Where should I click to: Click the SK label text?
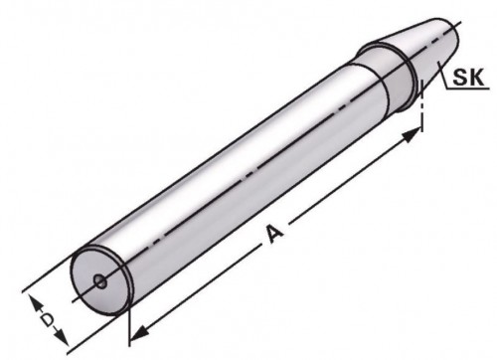(x=468, y=77)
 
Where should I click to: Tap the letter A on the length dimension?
(x=274, y=234)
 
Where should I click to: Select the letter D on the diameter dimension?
(x=48, y=320)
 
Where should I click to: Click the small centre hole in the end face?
(x=100, y=281)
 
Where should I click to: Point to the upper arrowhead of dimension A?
(x=412, y=135)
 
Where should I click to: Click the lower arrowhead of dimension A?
(x=138, y=333)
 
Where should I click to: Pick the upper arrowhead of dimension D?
(x=36, y=303)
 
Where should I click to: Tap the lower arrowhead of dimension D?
(x=62, y=337)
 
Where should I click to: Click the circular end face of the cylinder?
(x=100, y=281)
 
